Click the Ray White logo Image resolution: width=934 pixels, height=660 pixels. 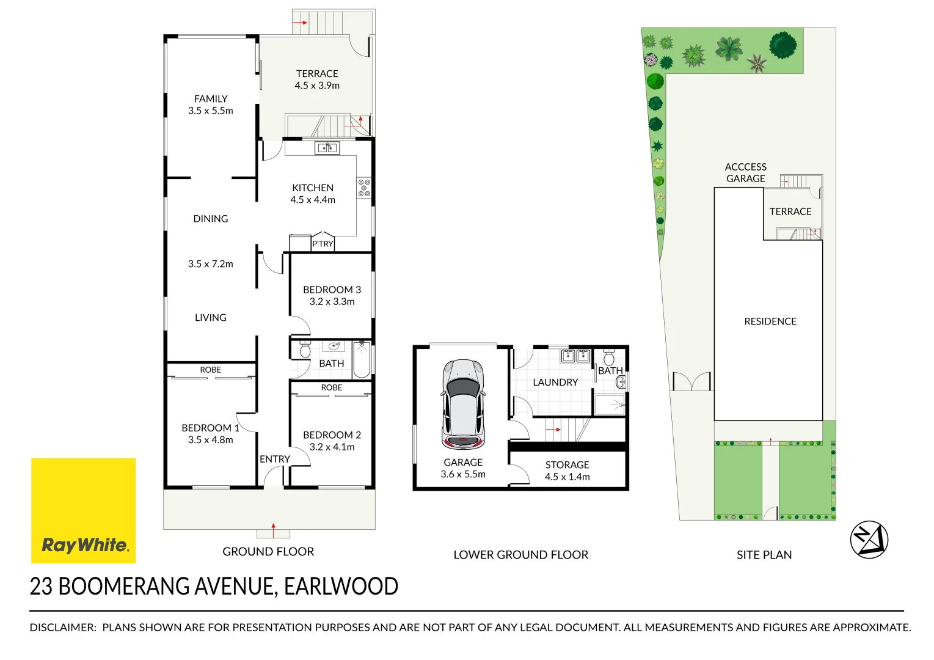(84, 511)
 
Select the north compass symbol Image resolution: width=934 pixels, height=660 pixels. (869, 540)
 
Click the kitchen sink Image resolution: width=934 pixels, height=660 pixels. (327, 148)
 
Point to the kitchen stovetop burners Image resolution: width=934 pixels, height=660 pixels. (364, 188)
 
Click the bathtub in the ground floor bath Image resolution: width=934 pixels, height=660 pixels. (362, 359)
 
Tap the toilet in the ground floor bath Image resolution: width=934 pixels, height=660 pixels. (305, 350)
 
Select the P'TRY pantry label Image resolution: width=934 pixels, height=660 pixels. (323, 244)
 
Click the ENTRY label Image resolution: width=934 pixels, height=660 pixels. (275, 459)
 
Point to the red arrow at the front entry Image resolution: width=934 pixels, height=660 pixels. (273, 529)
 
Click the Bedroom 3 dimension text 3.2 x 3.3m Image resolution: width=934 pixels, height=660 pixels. (332, 301)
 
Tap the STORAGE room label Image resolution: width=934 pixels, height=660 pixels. (567, 465)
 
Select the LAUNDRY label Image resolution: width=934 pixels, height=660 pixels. (555, 383)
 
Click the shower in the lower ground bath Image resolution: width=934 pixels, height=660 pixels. (609, 405)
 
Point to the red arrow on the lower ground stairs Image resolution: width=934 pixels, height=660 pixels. (553, 430)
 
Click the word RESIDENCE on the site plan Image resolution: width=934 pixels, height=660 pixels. (770, 321)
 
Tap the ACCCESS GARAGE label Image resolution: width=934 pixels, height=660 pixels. (745, 173)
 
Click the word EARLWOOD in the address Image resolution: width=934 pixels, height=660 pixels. (341, 587)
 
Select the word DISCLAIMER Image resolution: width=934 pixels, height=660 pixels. (62, 628)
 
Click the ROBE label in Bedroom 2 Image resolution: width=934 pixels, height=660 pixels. (331, 387)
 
